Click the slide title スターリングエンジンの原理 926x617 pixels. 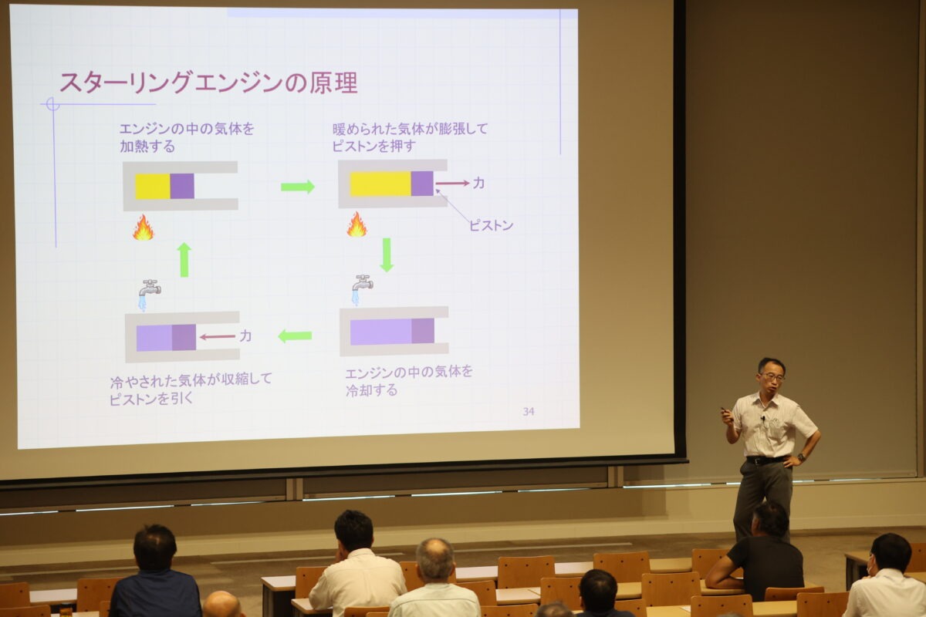coord(209,83)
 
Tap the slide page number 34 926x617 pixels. coord(529,411)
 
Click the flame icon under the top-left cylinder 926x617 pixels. coord(143,228)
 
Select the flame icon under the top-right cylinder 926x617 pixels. coord(357,224)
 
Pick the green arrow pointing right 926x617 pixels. coord(298,187)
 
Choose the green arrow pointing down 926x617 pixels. coord(387,255)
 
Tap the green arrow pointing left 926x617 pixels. coord(295,336)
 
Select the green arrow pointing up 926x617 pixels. coord(184,260)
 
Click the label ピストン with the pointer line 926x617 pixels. coord(491,226)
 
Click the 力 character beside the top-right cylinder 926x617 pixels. coord(478,183)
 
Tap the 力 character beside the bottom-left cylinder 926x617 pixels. coord(245,336)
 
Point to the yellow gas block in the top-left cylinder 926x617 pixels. coord(153,186)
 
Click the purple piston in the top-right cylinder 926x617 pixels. coord(422,183)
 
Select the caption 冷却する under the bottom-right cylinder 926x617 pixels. coord(371,390)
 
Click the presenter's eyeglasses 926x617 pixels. coord(772,376)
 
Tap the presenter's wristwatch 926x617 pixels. coord(801,457)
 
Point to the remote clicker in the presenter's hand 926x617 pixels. coord(725,411)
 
